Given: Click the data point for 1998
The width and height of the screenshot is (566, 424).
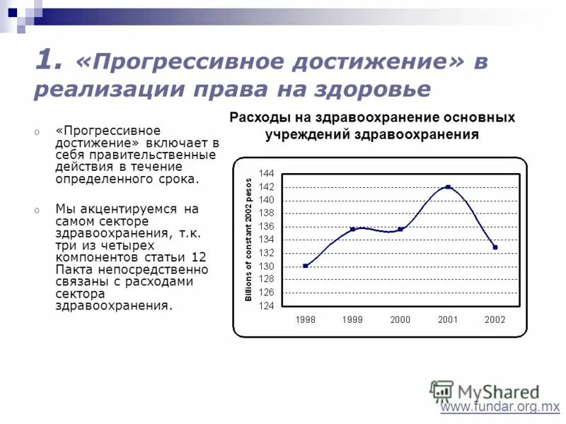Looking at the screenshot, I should [x=305, y=266].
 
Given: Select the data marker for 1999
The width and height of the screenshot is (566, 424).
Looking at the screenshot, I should [x=352, y=229].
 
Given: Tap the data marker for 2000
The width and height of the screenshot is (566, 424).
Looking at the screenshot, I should [x=400, y=229].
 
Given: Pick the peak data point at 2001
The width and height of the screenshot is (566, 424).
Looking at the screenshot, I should [x=448, y=187].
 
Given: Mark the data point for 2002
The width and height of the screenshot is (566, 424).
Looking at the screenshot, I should [x=495, y=247].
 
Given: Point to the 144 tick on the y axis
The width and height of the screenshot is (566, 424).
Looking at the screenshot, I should [x=267, y=174].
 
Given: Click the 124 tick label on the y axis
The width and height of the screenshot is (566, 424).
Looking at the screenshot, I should [x=267, y=306].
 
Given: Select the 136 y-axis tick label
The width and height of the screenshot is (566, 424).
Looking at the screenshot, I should [x=267, y=227].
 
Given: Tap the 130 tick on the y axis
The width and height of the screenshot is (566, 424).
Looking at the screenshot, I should [x=267, y=266].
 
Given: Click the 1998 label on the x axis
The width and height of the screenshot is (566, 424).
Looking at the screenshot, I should [x=306, y=319].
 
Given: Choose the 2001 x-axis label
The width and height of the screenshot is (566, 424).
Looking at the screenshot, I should [x=448, y=319].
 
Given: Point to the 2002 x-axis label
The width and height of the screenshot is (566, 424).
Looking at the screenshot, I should [x=495, y=319].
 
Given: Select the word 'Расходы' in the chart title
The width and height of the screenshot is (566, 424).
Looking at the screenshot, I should [x=257, y=117].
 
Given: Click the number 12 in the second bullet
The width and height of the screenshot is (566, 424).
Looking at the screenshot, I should [x=199, y=256].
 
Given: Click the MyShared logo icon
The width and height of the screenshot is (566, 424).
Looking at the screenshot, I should [x=441, y=391].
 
